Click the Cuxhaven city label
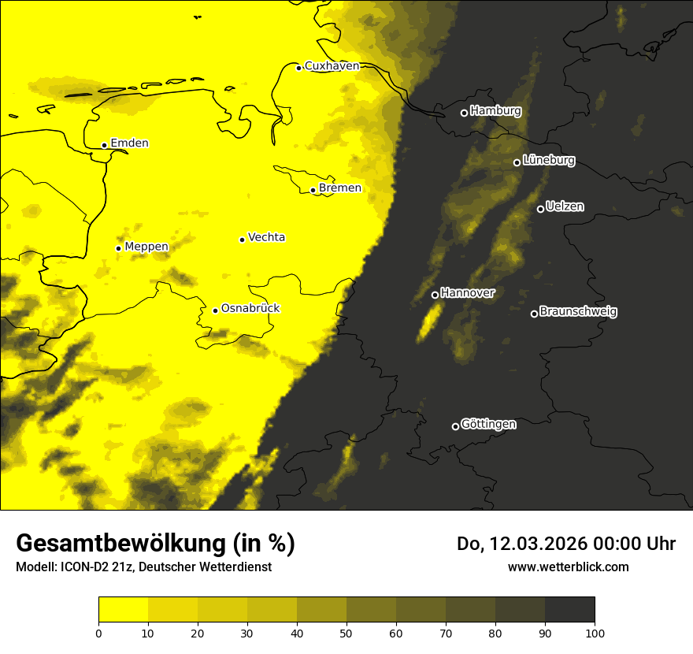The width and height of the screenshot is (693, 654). coord(332,66)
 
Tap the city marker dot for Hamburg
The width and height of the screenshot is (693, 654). coord(464,113)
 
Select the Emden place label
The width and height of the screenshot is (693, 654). coord(129,143)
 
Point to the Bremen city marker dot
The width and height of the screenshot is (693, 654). coord(313,190)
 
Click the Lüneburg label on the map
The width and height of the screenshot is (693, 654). coord(548,161)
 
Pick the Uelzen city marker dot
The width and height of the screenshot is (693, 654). coord(540,209)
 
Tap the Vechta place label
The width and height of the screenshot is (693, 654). coord(266,237)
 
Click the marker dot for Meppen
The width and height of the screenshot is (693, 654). coord(118,248)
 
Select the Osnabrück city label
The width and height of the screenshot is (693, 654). coord(250,309)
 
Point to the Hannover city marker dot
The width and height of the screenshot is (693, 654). coord(435,295)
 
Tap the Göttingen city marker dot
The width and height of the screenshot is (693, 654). coord(455,426)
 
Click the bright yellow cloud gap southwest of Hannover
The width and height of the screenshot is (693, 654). coord(429,321)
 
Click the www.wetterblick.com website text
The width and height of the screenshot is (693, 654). coord(568,567)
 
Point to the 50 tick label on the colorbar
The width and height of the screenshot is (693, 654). coord(346,633)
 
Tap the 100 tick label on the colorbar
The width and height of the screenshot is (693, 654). coord(595,633)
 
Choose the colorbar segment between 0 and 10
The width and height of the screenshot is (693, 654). coord(124,609)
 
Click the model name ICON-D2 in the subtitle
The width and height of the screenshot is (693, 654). coord(86,567)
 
